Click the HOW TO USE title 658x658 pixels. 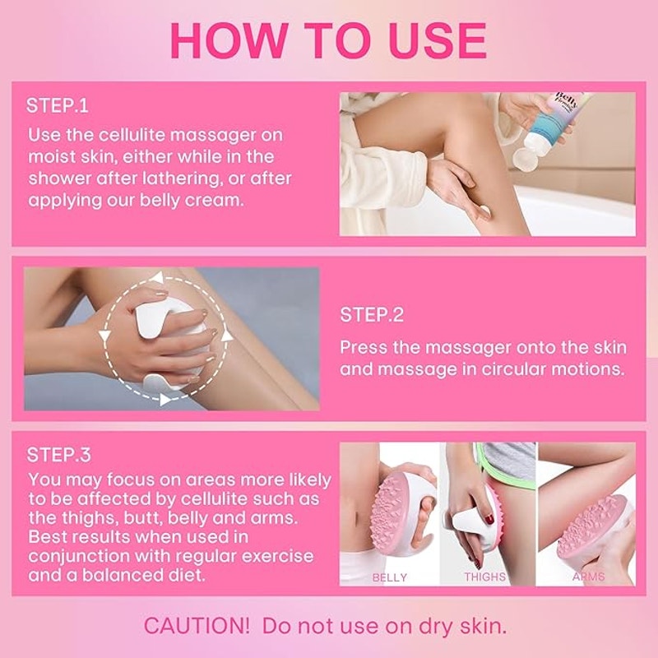[x=328, y=40]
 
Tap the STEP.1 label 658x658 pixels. [x=58, y=106]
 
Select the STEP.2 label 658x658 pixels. [x=372, y=315]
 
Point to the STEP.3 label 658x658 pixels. [x=58, y=455]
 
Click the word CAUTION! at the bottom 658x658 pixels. [x=196, y=625]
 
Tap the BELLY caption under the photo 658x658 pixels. [x=389, y=577]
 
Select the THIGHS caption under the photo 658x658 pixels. [x=484, y=577]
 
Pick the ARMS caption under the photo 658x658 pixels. [x=589, y=577]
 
